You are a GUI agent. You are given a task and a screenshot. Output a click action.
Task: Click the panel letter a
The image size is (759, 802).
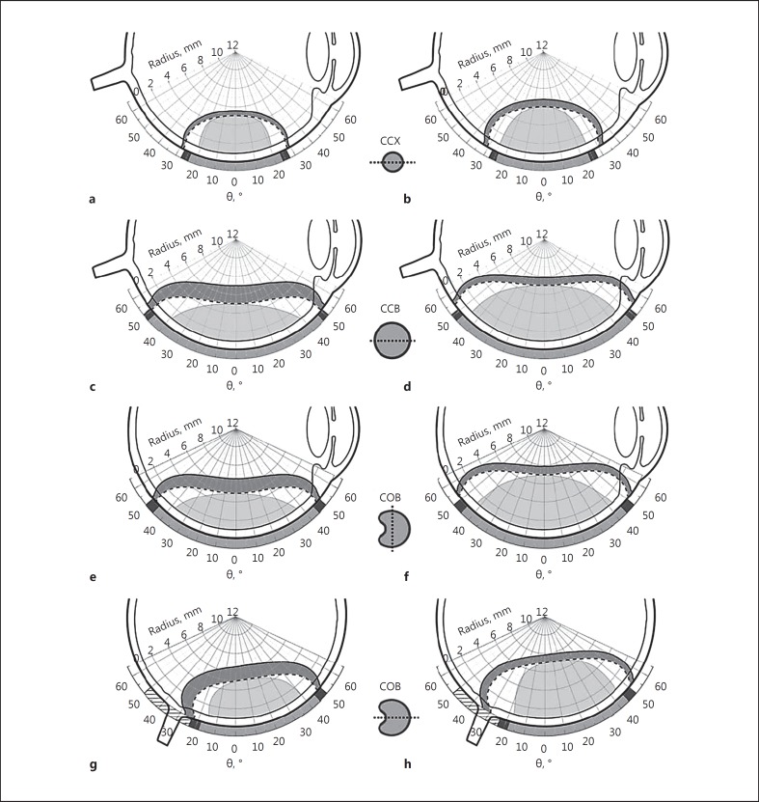(92, 199)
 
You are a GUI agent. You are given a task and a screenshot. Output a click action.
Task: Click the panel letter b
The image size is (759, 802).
(407, 199)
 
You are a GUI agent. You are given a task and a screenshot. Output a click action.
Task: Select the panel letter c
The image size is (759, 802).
(92, 388)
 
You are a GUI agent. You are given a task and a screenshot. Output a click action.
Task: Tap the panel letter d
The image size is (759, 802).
(407, 388)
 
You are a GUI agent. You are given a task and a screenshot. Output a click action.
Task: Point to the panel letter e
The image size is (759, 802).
(92, 577)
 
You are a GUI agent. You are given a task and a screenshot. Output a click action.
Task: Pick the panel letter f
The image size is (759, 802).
(407, 577)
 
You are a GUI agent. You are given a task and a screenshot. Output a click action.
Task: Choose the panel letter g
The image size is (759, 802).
(92, 765)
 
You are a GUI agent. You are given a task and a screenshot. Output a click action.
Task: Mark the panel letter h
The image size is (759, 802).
(407, 765)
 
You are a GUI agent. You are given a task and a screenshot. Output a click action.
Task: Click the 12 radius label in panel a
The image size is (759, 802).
(232, 44)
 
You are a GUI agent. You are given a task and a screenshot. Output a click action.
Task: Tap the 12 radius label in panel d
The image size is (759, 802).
(542, 235)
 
